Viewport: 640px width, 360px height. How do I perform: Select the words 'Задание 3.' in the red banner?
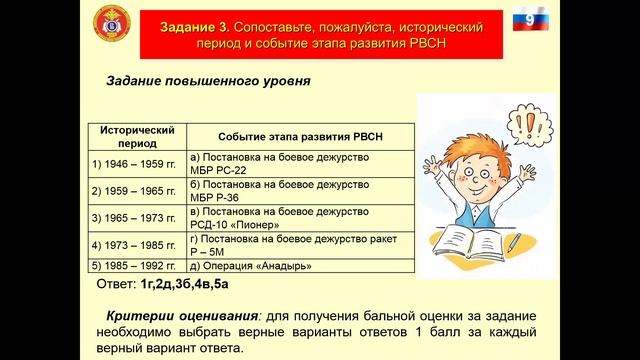183,24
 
